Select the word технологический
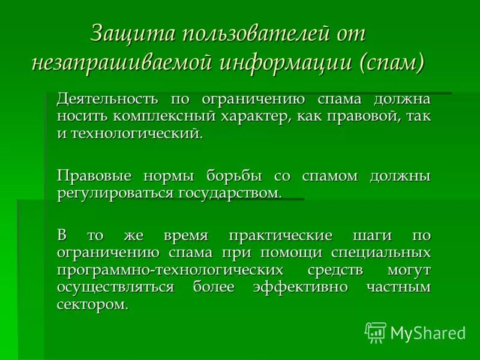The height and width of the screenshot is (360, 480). coord(137,133)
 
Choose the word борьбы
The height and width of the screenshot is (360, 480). coord(234,176)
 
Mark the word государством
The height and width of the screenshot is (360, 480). coord(229,193)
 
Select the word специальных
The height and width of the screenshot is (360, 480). coord(381,252)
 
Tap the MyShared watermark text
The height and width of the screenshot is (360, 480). coord(427,332)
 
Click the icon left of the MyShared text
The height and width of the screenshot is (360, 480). coord(375,332)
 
